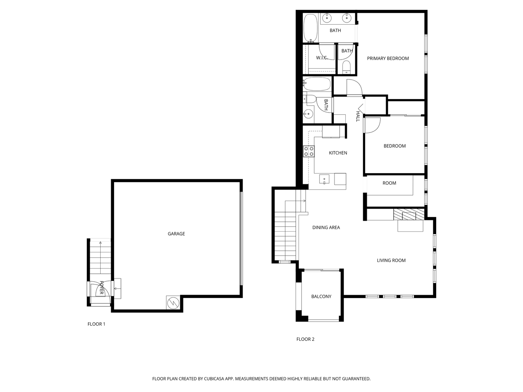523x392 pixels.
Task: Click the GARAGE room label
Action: pos(176,234)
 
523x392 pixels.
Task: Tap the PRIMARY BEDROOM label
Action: pos(388,58)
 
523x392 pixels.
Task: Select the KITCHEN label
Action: pos(338,153)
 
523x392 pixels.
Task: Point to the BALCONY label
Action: pos(321,296)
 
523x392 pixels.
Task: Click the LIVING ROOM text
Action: pos(391,260)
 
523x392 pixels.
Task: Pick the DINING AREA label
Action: pos(326,228)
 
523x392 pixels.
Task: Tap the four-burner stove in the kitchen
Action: pos(309,151)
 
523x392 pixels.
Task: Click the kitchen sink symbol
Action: pos(324,179)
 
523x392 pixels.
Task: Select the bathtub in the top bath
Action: pos(311,28)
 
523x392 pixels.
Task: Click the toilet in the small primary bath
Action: pos(346,67)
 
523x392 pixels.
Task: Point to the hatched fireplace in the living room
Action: pos(409,214)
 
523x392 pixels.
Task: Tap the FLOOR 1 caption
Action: pos(96,324)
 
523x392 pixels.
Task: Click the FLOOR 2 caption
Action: pos(305,339)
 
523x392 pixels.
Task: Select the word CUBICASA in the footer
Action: pos(214,379)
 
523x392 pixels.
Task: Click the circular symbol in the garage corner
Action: pos(173,303)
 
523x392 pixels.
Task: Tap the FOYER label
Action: pos(101,287)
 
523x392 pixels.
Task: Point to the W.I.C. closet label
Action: pos(322,58)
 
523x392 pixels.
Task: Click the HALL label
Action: pos(358,117)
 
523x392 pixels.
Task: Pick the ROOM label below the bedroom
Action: pos(389,183)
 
